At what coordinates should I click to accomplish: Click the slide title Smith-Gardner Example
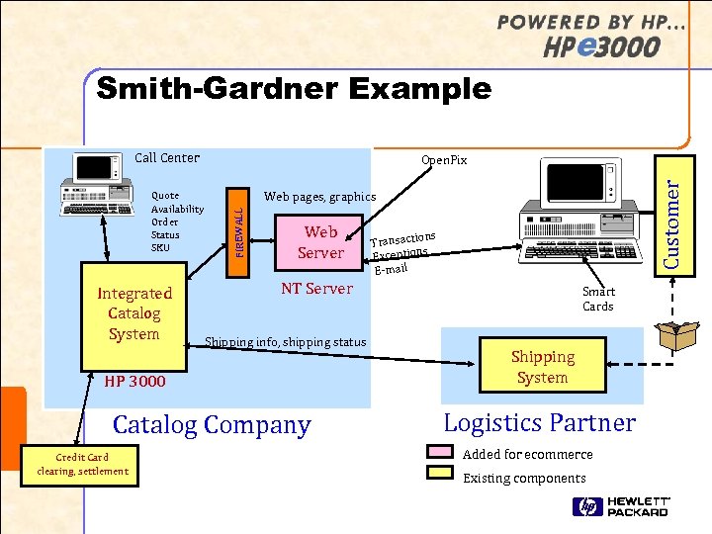(x=294, y=89)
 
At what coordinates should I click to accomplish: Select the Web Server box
(x=320, y=242)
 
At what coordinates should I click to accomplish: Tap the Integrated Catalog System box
(x=133, y=312)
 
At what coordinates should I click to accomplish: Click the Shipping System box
(x=542, y=367)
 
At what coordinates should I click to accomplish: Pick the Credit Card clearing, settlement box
(x=82, y=464)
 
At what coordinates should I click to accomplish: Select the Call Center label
(x=167, y=157)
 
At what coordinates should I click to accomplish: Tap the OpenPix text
(x=444, y=160)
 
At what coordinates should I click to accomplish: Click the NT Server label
(x=316, y=289)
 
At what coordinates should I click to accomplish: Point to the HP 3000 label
(x=135, y=381)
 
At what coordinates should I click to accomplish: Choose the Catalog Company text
(x=212, y=425)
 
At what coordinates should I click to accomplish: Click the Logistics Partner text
(x=539, y=423)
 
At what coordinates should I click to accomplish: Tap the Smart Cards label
(x=598, y=299)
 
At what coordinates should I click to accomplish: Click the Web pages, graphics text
(x=319, y=197)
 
